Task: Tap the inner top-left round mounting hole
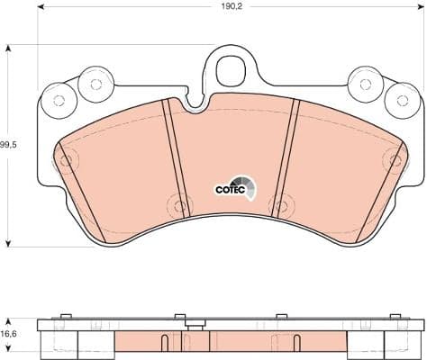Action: pos(93,84)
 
